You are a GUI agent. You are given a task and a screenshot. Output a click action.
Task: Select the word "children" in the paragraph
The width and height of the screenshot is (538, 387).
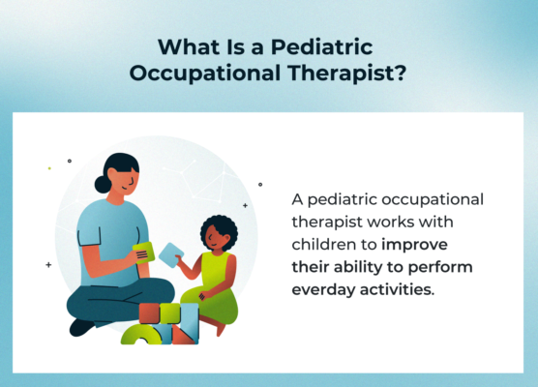click(x=325, y=244)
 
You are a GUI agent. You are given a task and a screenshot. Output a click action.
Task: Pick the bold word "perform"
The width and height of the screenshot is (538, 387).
click(x=440, y=266)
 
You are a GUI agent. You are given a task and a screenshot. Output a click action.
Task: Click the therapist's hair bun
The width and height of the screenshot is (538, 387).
click(x=103, y=183)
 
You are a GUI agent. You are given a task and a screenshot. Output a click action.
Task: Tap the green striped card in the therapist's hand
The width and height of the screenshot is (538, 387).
click(x=143, y=253)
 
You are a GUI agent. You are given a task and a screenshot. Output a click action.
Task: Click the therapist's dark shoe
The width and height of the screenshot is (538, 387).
click(x=83, y=326)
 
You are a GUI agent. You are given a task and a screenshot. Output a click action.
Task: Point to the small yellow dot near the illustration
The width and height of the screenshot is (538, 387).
click(x=49, y=167)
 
